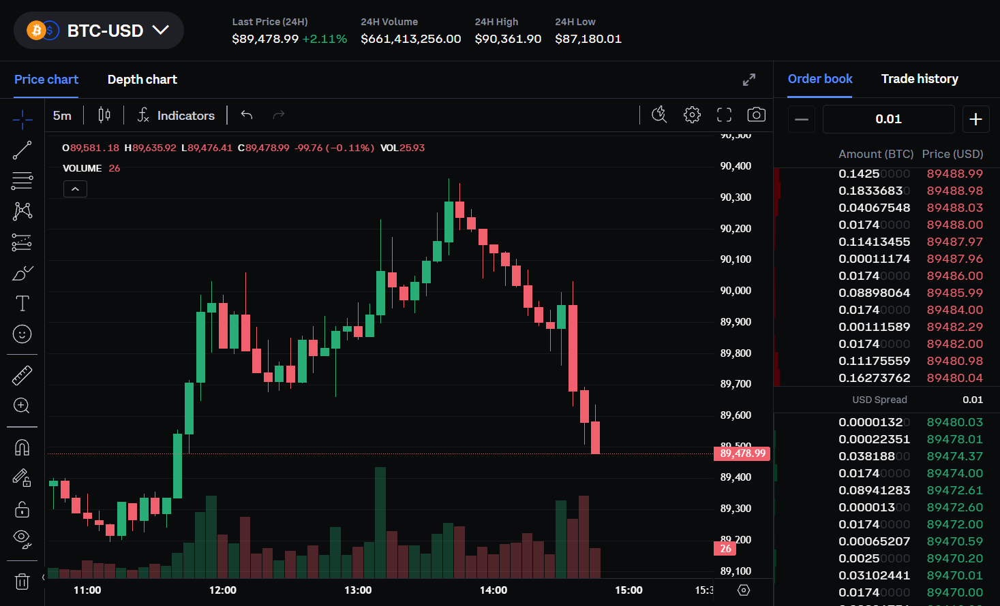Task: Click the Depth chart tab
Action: [142, 80]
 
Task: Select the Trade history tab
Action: [919, 79]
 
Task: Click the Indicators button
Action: [176, 116]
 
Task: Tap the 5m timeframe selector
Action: [62, 116]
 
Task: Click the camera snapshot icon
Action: [756, 115]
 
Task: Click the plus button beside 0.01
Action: [975, 119]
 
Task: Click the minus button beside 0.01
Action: [802, 119]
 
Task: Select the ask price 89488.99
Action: [954, 174]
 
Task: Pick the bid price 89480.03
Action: [954, 422]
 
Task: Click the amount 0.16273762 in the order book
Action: [874, 378]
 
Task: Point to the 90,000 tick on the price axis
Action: [736, 291]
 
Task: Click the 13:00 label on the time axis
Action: [358, 590]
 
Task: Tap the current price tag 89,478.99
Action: [742, 453]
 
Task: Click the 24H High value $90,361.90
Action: [508, 39]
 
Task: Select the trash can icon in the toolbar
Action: [22, 581]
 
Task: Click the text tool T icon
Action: [22, 303]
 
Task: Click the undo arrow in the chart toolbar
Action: [247, 115]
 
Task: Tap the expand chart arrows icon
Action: [749, 80]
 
